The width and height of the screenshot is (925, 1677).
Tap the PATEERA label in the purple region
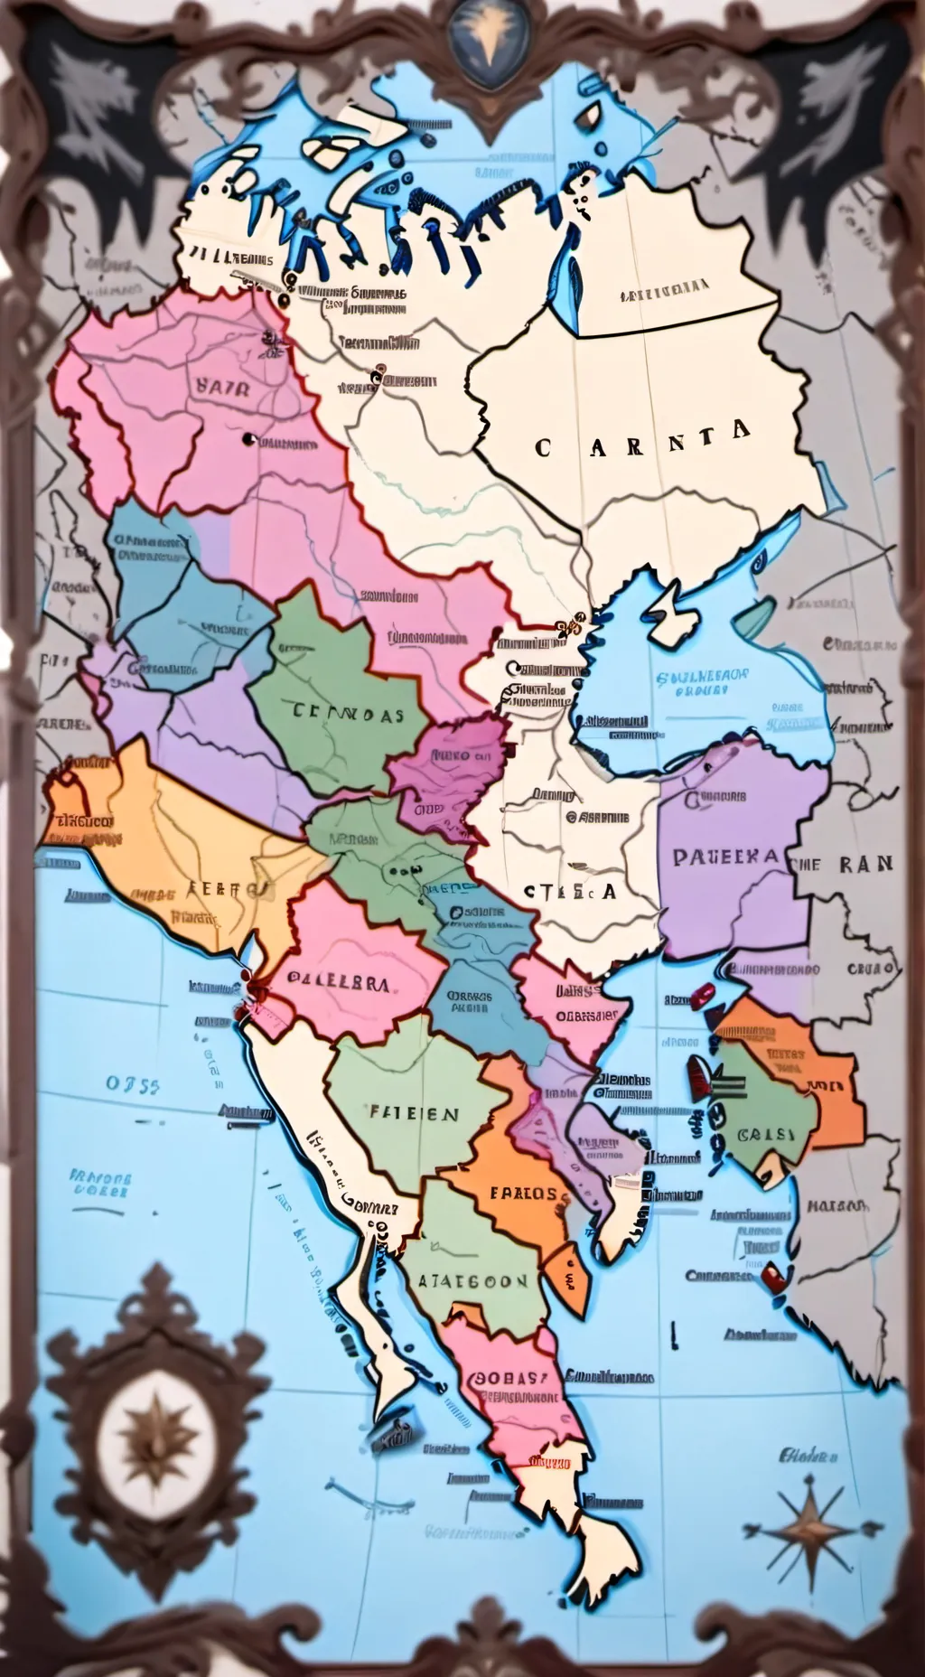point(724,857)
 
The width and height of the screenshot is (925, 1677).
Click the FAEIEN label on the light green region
point(414,1114)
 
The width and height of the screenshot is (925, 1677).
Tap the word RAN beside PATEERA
point(865,864)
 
